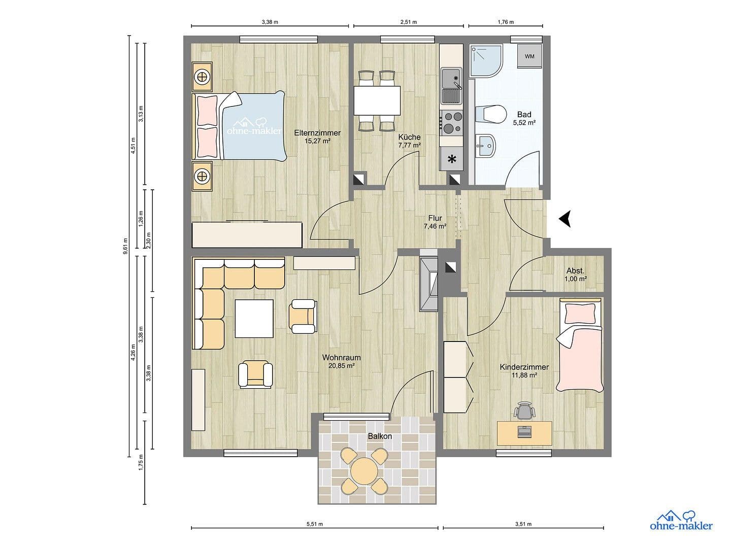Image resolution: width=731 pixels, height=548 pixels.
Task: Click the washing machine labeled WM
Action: [x=529, y=56]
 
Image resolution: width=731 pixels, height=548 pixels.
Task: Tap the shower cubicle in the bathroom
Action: [x=485, y=61]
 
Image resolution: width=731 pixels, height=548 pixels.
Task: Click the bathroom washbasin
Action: [x=485, y=146]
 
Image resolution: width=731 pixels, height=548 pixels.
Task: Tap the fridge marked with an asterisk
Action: [x=451, y=159]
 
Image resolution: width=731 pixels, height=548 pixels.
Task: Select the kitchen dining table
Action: [x=377, y=100]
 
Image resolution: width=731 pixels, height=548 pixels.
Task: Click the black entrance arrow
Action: [x=566, y=219]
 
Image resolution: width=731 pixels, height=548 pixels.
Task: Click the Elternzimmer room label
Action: [x=317, y=133]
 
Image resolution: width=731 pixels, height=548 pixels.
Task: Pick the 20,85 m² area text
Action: [x=341, y=365]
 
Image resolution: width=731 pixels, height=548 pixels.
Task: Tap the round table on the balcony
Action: [x=365, y=471]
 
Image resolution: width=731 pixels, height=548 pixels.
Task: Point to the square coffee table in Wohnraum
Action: [x=254, y=318]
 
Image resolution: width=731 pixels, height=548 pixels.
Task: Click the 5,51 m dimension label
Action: [x=315, y=524]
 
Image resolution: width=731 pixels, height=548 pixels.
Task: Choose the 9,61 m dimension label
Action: [x=125, y=246]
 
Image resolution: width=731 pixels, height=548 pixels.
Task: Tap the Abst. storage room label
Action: [x=575, y=270]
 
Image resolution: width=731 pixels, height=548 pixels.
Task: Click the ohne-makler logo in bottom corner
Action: [x=681, y=521]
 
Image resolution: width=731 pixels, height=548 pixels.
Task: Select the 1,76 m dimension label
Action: [x=505, y=22]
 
